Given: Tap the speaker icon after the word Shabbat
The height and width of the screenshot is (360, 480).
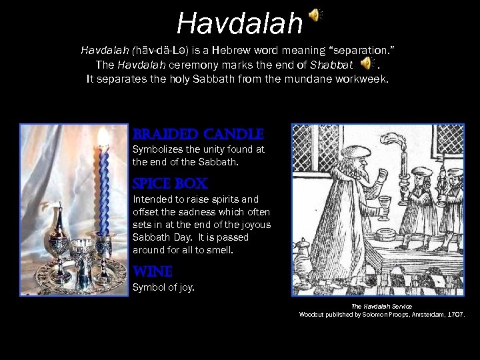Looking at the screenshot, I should point(367,63).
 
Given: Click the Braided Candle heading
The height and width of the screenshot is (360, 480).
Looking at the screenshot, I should point(198,134).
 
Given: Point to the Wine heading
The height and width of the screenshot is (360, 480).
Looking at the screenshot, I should point(153,272).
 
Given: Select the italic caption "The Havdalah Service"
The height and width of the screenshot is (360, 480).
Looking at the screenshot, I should point(381,306).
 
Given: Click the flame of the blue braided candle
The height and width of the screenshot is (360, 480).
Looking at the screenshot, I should point(103,137).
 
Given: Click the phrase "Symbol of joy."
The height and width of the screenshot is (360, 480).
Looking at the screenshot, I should point(164,288).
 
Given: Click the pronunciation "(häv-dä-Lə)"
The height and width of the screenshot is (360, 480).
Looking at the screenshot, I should point(159,51).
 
